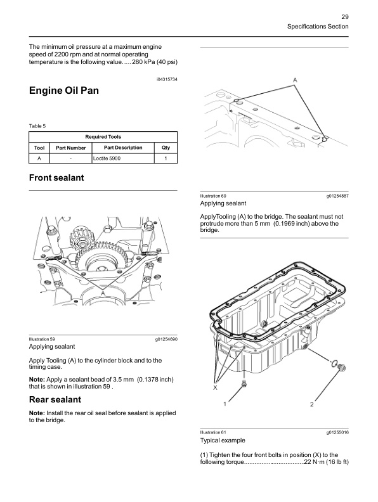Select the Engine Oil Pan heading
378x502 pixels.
tap(64, 91)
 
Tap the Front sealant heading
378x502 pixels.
tap(56, 178)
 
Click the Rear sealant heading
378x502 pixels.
tap(55, 399)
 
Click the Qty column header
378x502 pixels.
tap(165, 148)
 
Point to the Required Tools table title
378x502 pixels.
tap(103, 136)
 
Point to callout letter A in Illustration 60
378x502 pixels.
tap(295, 80)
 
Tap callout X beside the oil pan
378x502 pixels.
tap(215, 387)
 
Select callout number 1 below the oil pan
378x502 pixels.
tap(224, 403)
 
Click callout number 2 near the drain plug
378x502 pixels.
tap(311, 403)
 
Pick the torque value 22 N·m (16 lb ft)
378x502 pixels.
tap(326, 461)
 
